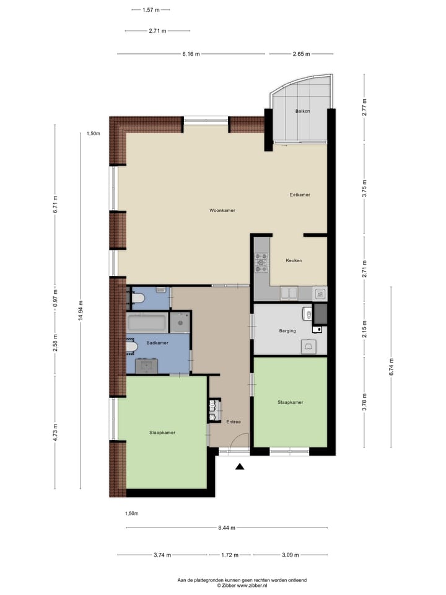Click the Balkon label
[x=302, y=111]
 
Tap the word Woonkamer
[x=222, y=211]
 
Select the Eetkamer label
[x=300, y=195]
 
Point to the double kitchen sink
[x=289, y=293]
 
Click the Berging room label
[x=287, y=331]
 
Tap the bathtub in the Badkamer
[x=147, y=323]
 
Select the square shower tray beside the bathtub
[x=180, y=322]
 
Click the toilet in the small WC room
[x=138, y=299]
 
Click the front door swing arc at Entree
[x=239, y=441]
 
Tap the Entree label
[x=233, y=422]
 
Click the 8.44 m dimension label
[x=227, y=528]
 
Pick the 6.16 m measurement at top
[x=191, y=54]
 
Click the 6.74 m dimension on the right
[x=391, y=367]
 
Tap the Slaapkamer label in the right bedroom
[x=290, y=402]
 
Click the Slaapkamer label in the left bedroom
[x=162, y=433]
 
